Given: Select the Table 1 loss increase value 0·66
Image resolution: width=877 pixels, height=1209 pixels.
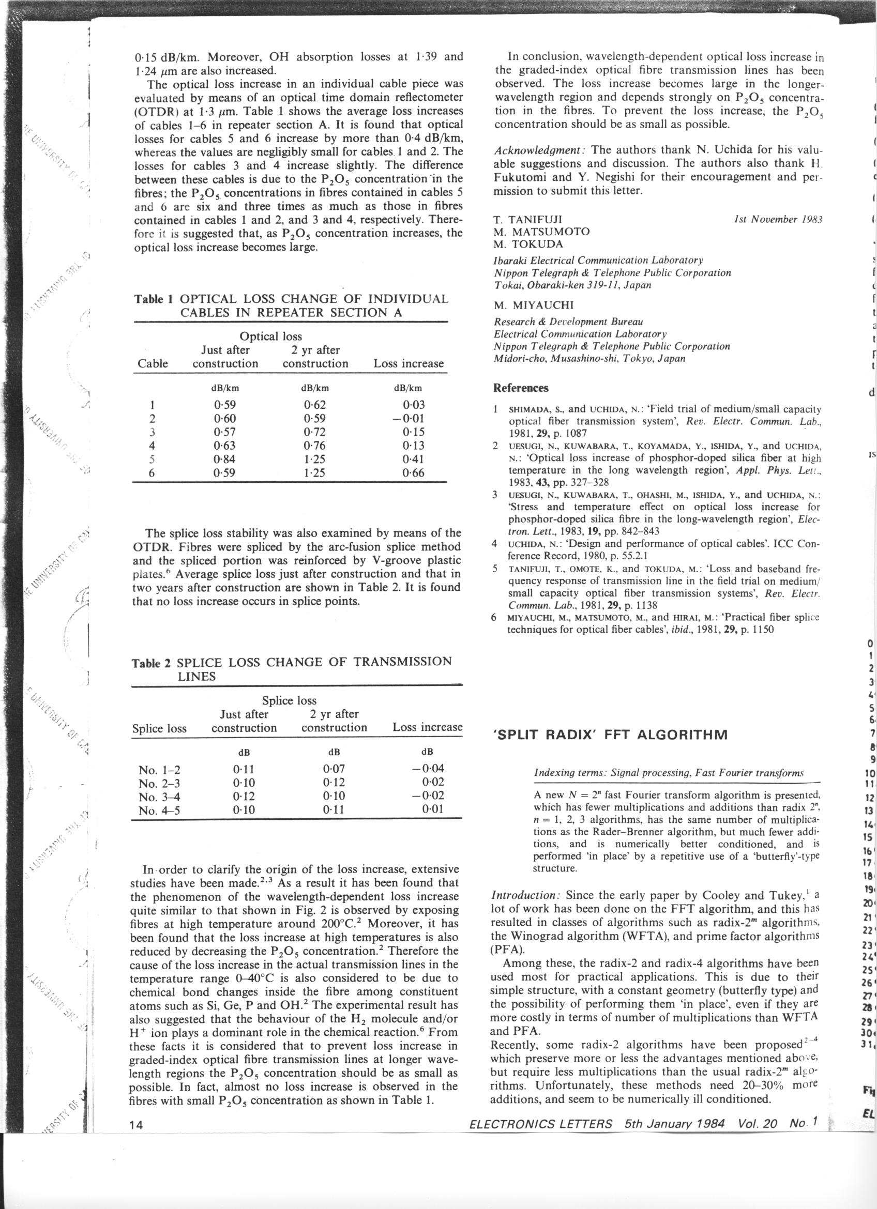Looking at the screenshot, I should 414,473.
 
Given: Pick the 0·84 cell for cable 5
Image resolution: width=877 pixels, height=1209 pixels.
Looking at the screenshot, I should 224,459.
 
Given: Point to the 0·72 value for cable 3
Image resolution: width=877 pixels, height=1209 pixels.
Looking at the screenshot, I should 314,432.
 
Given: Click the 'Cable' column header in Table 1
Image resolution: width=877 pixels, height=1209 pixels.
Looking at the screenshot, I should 153,363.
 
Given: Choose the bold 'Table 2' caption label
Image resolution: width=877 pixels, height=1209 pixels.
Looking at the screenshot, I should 152,663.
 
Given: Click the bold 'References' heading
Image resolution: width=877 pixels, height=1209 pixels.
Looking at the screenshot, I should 521,388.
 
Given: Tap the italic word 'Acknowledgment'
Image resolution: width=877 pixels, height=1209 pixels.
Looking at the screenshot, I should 539,149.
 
